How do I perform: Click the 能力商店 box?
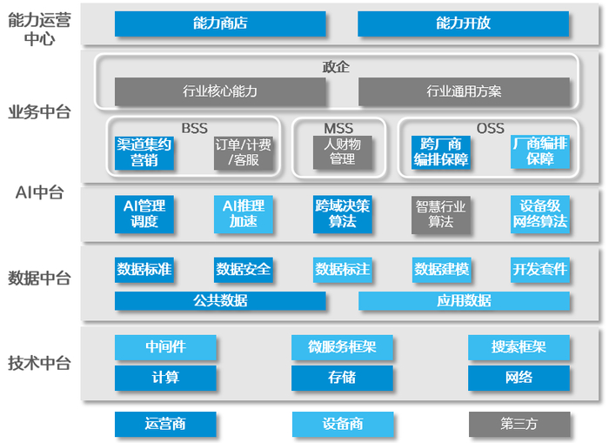coord(220,23)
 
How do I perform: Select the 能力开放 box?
coord(463,23)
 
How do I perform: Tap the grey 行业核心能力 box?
coord(220,91)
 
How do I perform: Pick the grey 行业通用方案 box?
coord(463,91)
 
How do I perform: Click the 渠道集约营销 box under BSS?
coord(144,152)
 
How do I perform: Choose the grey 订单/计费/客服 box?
coord(244,152)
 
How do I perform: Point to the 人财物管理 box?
coord(342,152)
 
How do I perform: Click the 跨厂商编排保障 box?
coord(441,152)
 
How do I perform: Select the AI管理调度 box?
coord(144,214)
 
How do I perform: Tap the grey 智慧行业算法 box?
coord(441,214)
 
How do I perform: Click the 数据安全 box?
coord(244,270)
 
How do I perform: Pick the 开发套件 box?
coord(540,270)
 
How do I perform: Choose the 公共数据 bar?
coord(220,301)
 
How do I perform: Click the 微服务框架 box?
coord(342,348)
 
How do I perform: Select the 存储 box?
coord(342,378)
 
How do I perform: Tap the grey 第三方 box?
coord(519,424)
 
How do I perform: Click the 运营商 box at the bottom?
coord(165,424)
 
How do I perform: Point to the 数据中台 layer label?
coord(39,279)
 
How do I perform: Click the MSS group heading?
coord(339,128)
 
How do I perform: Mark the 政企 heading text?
coord(336,67)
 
